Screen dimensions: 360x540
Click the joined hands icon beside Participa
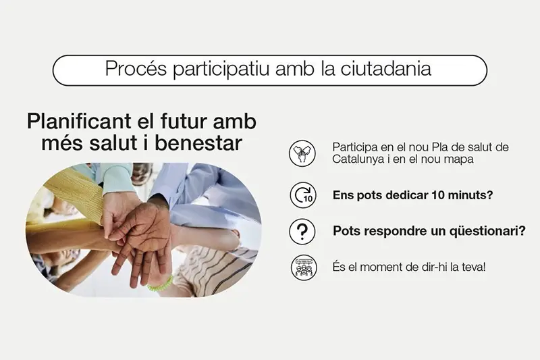coord(302,153)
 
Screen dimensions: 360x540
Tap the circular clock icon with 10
coord(302,195)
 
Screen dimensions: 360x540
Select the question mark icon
coord(302,231)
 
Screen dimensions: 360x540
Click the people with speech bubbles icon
coord(302,267)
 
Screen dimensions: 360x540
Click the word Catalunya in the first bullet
coord(356,159)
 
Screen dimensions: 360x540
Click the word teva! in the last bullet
coord(472,267)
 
